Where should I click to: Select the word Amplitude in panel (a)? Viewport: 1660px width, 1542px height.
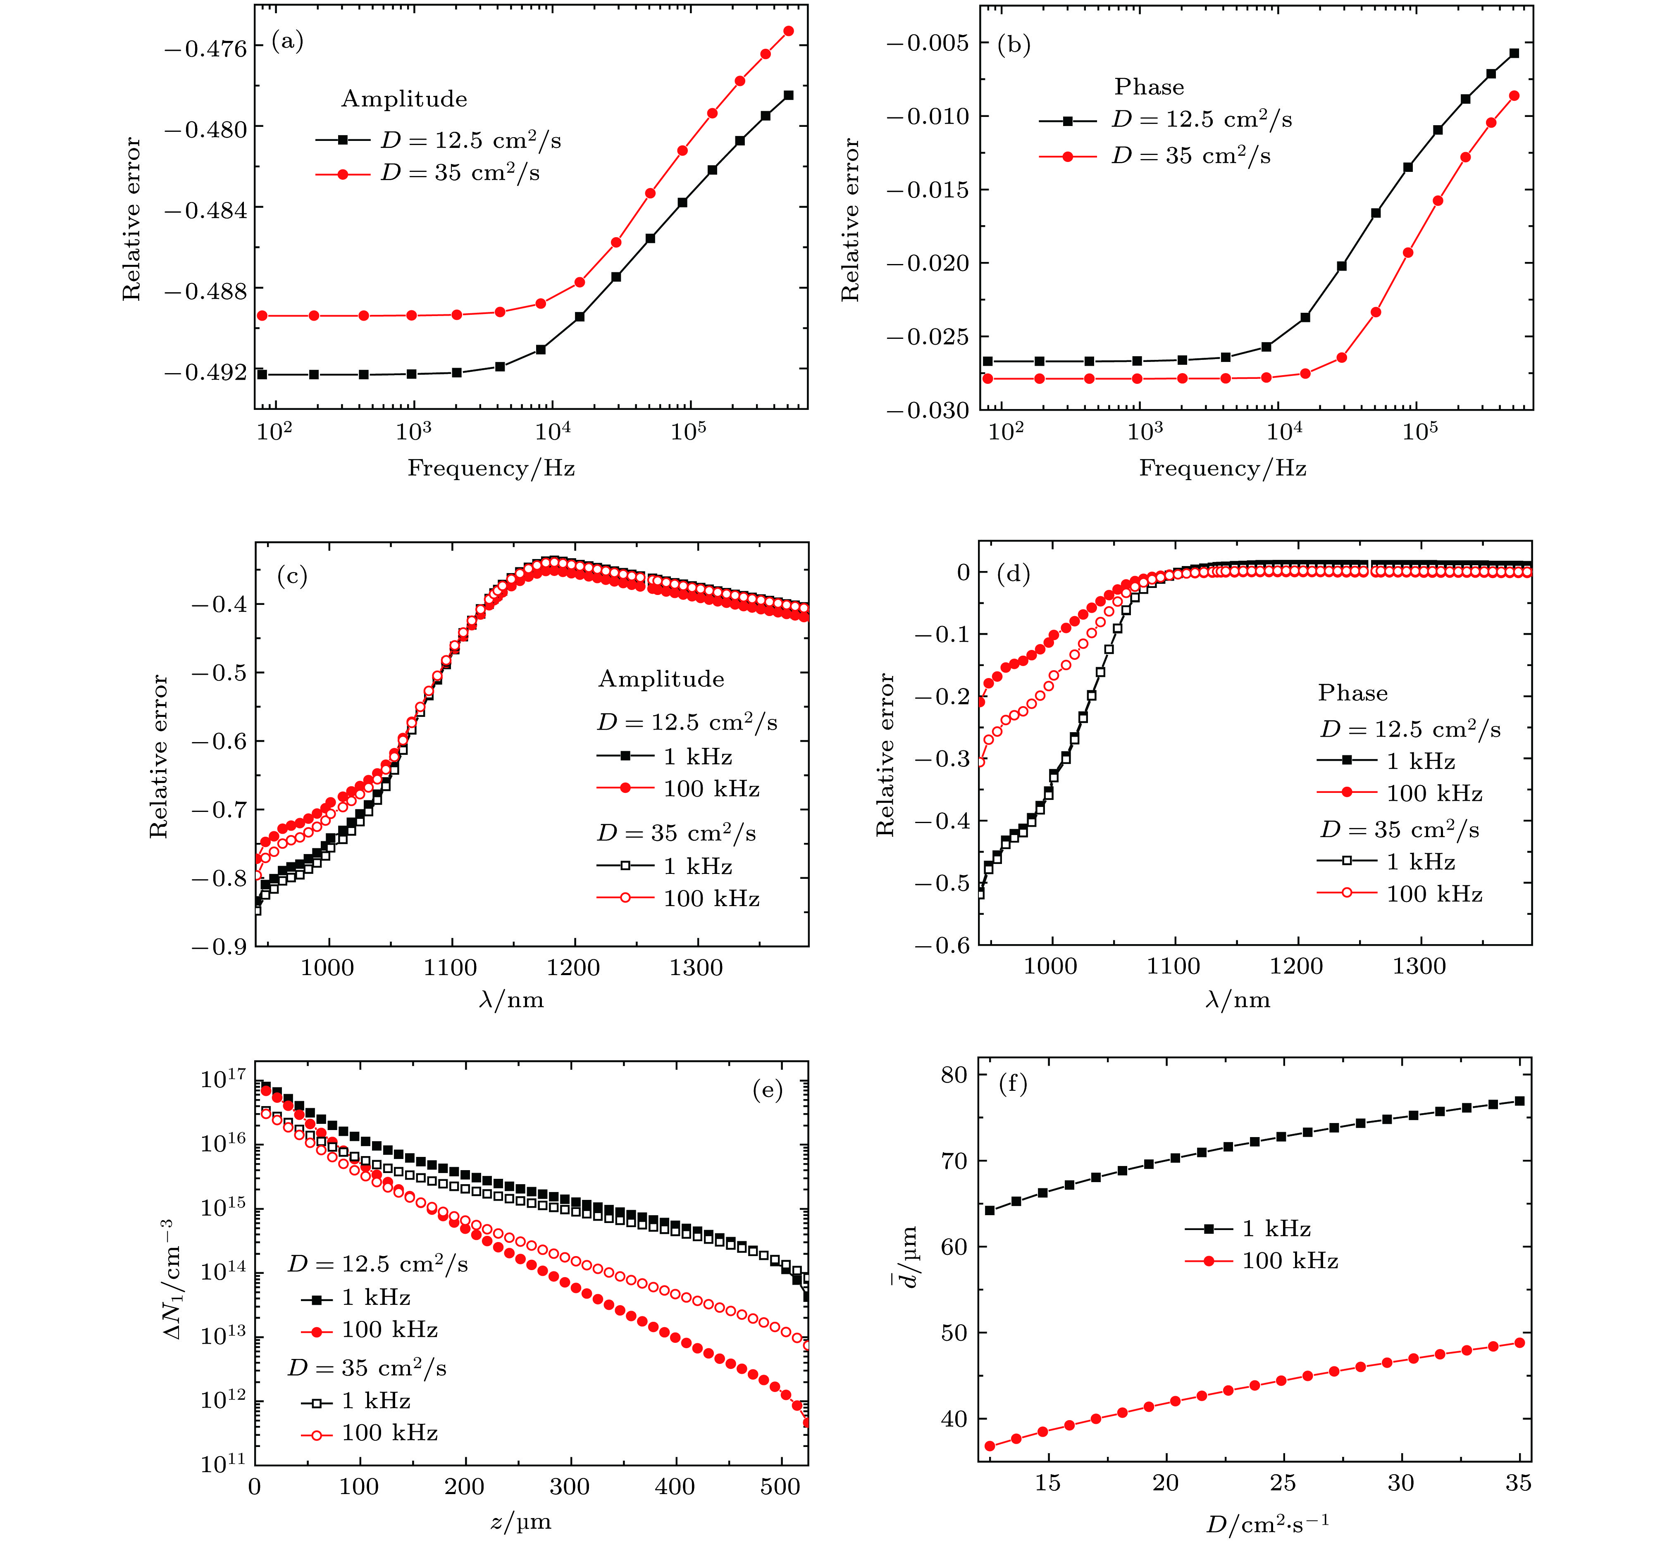pyautogui.click(x=404, y=99)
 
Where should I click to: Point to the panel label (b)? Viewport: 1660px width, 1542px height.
pyautogui.click(x=1014, y=44)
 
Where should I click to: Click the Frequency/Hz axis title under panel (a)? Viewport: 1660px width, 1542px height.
pyautogui.click(x=491, y=468)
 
